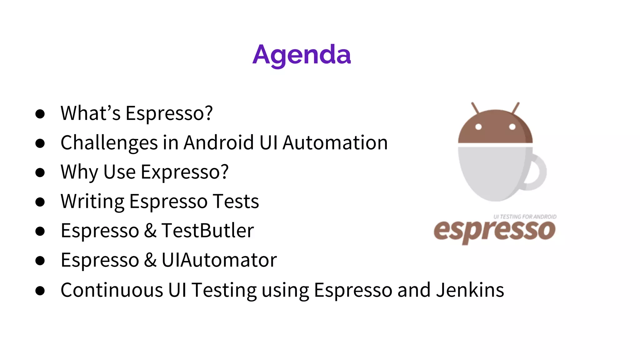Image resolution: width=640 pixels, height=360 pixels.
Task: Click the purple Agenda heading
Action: tap(302, 55)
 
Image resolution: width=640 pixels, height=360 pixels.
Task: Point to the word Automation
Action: tap(335, 142)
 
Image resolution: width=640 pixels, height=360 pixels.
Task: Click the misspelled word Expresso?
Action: tap(185, 172)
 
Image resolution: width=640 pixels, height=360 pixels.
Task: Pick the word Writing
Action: tap(92, 202)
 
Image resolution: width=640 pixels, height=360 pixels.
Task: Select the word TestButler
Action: tap(207, 231)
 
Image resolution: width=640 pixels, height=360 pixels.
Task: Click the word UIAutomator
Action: tap(219, 260)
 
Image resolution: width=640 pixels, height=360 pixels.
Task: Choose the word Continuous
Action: tap(112, 290)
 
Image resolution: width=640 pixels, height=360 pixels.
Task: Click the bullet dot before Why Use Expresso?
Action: tap(40, 172)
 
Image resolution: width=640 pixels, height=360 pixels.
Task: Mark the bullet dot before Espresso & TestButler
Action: tap(40, 231)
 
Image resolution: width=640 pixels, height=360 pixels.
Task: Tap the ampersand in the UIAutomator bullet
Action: tap(150, 260)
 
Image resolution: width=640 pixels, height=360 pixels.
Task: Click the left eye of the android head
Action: tap(478, 127)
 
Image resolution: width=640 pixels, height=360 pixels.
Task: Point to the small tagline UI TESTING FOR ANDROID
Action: tap(525, 217)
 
